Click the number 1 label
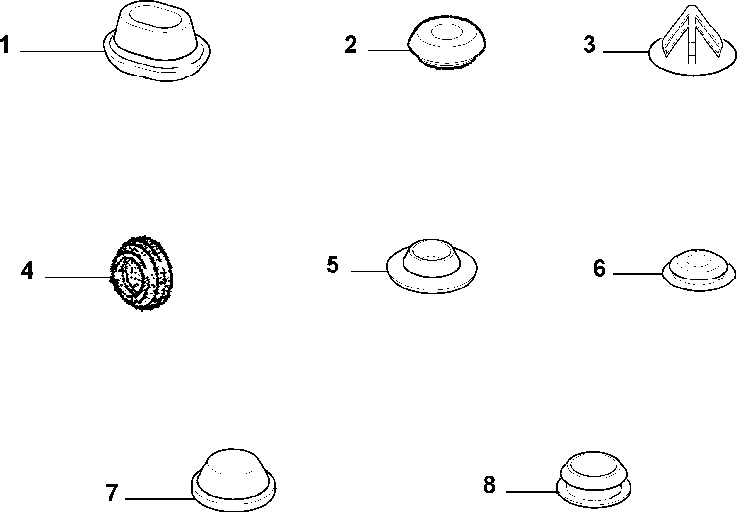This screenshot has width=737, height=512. (4, 45)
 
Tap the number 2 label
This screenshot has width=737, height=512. (351, 45)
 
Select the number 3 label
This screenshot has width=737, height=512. (589, 45)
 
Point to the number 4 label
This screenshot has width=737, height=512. (27, 271)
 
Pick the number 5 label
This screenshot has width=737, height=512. (332, 265)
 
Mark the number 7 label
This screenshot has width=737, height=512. (112, 493)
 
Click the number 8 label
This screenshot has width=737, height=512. (489, 485)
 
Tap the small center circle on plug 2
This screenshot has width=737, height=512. (447, 32)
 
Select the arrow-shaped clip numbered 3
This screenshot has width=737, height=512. (692, 41)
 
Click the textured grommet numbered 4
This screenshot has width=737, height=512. (142, 273)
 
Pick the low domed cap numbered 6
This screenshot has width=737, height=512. (699, 270)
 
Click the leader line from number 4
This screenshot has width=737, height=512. (78, 278)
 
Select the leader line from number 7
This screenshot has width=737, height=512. (160, 499)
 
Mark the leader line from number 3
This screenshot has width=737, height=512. (626, 52)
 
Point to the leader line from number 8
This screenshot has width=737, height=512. (532, 492)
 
